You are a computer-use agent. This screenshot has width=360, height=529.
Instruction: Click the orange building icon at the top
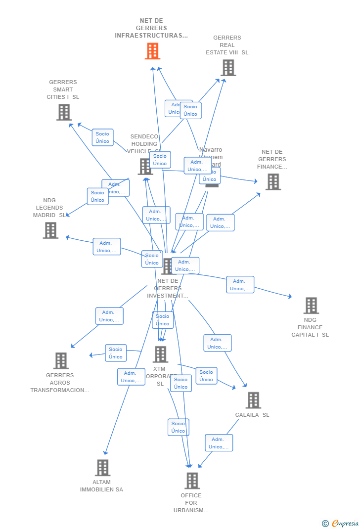click(152, 51)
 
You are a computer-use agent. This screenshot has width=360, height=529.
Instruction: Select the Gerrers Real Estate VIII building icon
click(228, 68)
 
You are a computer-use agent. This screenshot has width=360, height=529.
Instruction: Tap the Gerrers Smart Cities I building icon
click(64, 112)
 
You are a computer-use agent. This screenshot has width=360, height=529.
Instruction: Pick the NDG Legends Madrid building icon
click(50, 230)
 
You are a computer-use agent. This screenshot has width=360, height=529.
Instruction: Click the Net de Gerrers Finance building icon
click(272, 181)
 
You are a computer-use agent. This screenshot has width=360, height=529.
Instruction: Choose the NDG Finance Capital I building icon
click(311, 306)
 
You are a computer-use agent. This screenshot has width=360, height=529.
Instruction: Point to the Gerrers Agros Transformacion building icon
click(61, 360)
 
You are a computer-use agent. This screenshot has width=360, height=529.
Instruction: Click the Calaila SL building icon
click(253, 400)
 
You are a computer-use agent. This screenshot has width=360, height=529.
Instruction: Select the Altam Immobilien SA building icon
click(102, 467)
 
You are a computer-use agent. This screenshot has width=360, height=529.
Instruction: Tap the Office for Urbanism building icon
click(192, 480)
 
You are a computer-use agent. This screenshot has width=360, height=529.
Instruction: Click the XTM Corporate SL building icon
click(160, 354)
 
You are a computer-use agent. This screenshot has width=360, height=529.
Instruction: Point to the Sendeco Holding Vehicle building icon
click(145, 167)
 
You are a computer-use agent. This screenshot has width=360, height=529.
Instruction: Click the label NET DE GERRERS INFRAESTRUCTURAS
click(151, 28)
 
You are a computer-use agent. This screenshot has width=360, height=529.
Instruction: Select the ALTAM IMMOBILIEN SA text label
click(101, 486)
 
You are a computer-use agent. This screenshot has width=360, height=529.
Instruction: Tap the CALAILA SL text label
click(252, 415)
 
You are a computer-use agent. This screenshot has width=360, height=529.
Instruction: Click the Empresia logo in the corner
click(341, 523)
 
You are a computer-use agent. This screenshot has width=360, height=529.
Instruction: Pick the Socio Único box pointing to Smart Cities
click(102, 137)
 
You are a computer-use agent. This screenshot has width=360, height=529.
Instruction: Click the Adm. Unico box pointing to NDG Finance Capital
click(240, 285)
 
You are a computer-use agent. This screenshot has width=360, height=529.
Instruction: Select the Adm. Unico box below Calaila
click(219, 443)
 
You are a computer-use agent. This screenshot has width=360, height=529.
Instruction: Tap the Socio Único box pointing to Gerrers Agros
click(116, 353)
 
